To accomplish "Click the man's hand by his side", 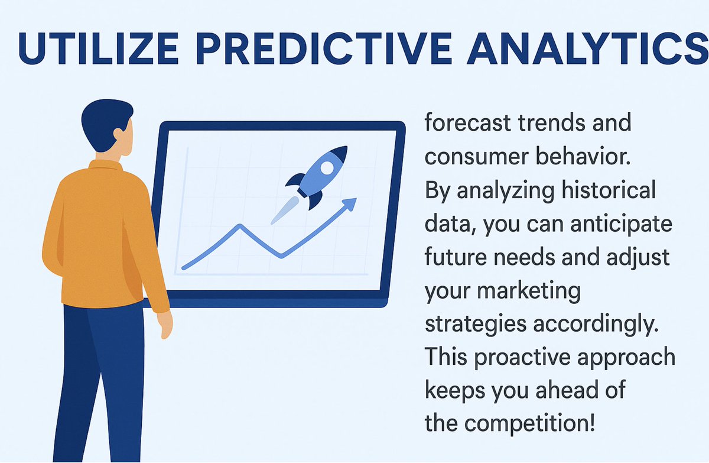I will point(165,323).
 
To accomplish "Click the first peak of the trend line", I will point(239,225).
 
